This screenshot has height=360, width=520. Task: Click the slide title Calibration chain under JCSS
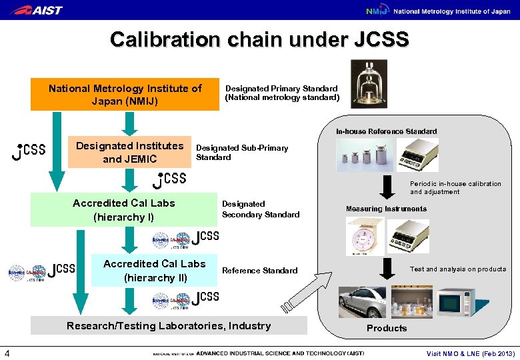pyautogui.click(x=259, y=40)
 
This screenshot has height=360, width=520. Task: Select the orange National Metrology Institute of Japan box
pyautogui.click(x=125, y=95)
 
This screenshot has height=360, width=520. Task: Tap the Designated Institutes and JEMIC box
pyautogui.click(x=129, y=152)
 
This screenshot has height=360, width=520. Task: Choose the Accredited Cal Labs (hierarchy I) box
pyautogui.click(x=123, y=210)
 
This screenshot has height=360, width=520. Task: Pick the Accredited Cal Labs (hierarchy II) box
pyautogui.click(x=154, y=271)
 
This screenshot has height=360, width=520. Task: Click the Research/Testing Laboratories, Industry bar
pyautogui.click(x=169, y=326)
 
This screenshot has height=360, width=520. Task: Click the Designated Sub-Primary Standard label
pyautogui.click(x=241, y=153)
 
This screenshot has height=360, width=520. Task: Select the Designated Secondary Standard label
pyautogui.click(x=260, y=209)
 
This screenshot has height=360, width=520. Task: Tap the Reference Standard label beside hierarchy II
pyautogui.click(x=259, y=271)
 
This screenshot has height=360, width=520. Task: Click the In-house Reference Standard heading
pyautogui.click(x=386, y=131)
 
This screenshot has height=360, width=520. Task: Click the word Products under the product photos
pyautogui.click(x=386, y=328)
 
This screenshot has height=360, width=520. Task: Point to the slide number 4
pyautogui.click(x=6, y=353)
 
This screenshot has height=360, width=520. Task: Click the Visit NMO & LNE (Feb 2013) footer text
pyautogui.click(x=470, y=353)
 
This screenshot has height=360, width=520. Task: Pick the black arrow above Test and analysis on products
pyautogui.click(x=387, y=268)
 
